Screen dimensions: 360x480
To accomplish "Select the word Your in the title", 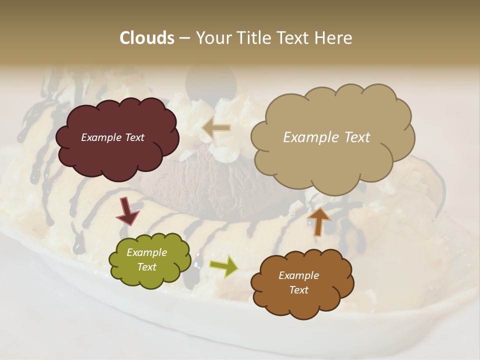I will click(x=210, y=38).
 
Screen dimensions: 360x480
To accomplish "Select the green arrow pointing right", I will click(x=224, y=265).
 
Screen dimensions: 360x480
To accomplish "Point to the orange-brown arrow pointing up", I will click(x=319, y=221).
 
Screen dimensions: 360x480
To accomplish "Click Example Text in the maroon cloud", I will click(x=112, y=137).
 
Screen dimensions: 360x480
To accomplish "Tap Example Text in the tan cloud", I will click(x=326, y=137).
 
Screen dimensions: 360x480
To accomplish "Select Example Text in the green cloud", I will click(x=146, y=260).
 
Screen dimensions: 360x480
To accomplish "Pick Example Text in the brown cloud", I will click(x=298, y=282).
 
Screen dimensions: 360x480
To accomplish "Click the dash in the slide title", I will click(x=184, y=38).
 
